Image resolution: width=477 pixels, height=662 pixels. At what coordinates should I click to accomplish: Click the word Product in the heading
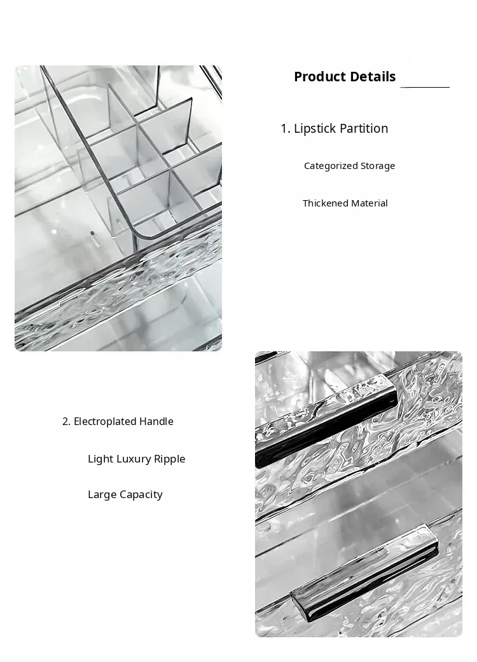pos(319,77)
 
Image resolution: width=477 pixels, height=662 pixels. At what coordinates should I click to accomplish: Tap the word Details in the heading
pos(372,77)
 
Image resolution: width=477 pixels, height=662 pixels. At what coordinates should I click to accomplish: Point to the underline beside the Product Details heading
pos(425,87)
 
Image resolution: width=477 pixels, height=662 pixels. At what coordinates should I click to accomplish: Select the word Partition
pos(364,128)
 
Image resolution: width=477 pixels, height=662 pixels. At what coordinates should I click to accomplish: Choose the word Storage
pos(378,166)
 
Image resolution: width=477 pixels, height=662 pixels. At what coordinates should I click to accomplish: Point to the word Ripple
pos(169,459)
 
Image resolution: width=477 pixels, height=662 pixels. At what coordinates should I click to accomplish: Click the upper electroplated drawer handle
pos(326,421)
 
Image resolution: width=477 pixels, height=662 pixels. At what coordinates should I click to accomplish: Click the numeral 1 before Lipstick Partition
pos(285,128)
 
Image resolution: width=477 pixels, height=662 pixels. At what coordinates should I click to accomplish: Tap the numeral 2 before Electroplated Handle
pos(66,421)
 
